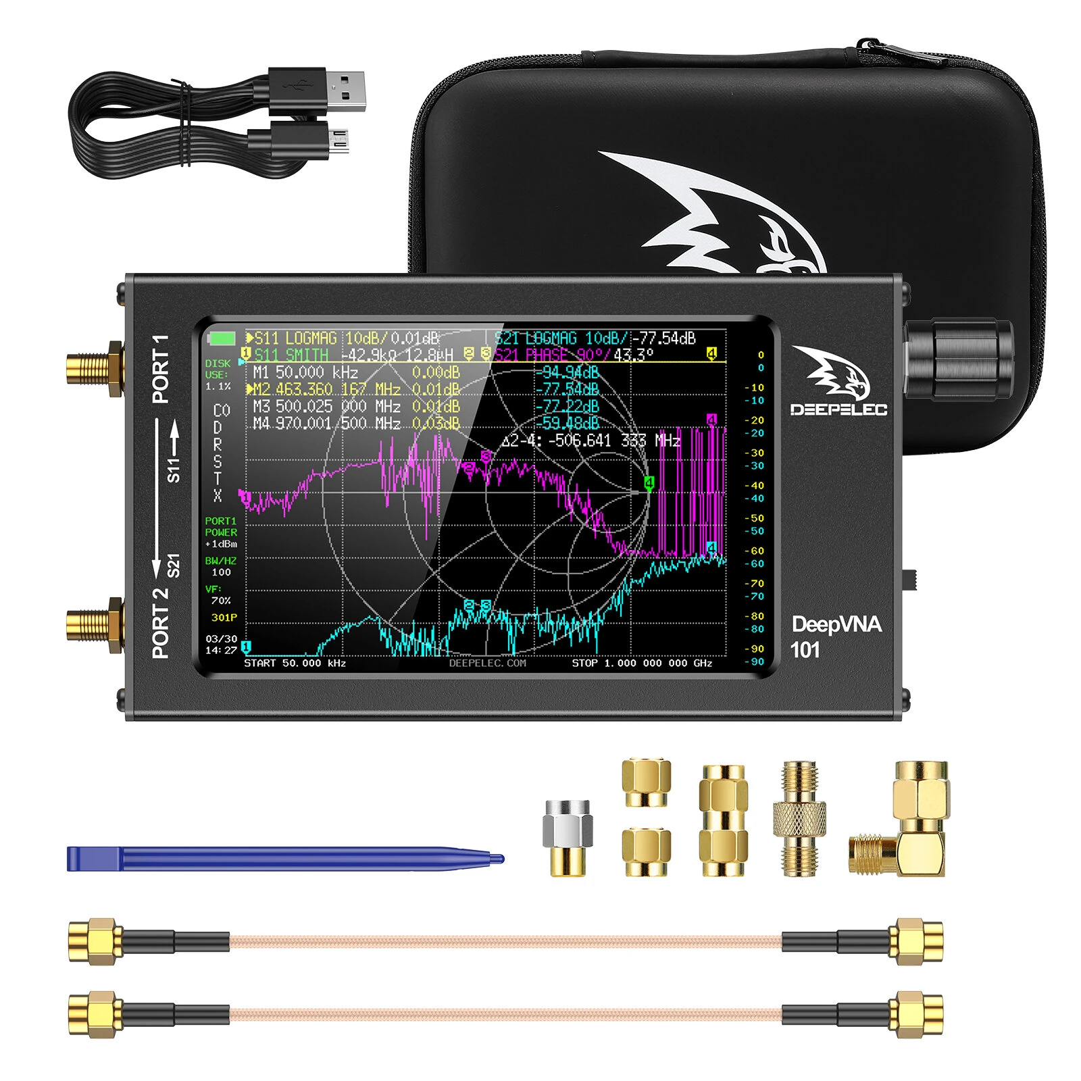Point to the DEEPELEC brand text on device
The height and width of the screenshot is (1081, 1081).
pyautogui.click(x=838, y=409)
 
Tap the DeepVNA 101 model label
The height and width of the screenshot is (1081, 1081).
pyautogui.click(x=835, y=636)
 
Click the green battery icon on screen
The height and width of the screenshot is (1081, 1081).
pyautogui.click(x=222, y=338)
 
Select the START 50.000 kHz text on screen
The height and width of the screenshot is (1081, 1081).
pyautogui.click(x=295, y=663)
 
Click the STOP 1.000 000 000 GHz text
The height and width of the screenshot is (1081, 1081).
pyautogui.click(x=642, y=663)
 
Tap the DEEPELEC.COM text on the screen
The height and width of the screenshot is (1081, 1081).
pyautogui.click(x=487, y=663)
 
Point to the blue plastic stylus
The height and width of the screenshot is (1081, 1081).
pyautogui.click(x=284, y=859)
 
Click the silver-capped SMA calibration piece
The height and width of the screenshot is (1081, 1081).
pyautogui.click(x=568, y=838)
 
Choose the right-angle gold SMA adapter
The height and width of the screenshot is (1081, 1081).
pyautogui.click(x=905, y=824)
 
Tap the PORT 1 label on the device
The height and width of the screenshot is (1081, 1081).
pyautogui.click(x=161, y=369)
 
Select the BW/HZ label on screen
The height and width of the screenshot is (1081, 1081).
pyautogui.click(x=221, y=561)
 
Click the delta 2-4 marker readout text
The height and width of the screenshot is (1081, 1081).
pyautogui.click(x=591, y=441)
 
